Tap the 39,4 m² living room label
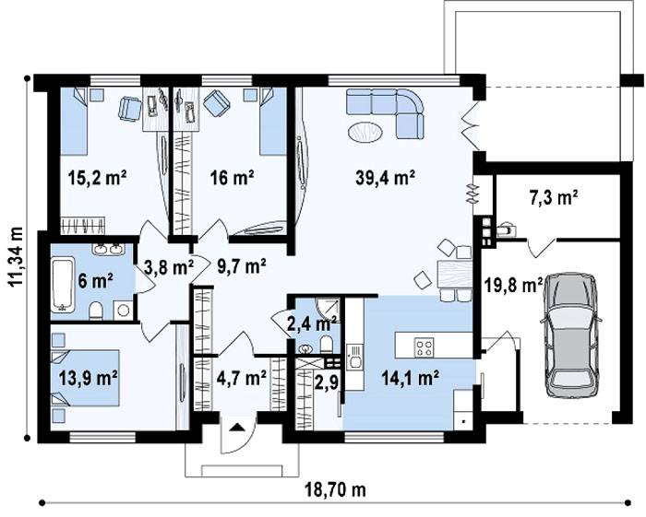tap(385, 178)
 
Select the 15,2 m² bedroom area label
tap(97, 178)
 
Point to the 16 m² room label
tap(232, 178)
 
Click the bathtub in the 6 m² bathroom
tap(63, 284)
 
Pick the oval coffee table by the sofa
tap(365, 133)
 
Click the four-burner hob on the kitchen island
tap(424, 347)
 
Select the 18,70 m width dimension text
tap(335, 490)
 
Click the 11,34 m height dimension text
tap(16, 256)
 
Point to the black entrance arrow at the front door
tap(237, 427)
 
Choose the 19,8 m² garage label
tap(512, 285)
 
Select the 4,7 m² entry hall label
tap(242, 377)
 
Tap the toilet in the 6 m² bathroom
tap(96, 311)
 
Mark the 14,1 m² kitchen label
tap(410, 377)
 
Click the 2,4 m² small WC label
tap(312, 323)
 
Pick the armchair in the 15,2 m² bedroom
tap(130, 109)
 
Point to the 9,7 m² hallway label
tap(241, 266)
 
